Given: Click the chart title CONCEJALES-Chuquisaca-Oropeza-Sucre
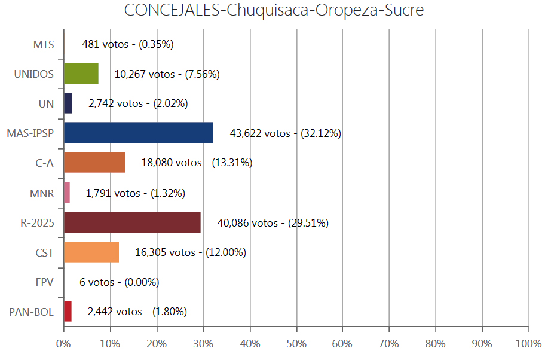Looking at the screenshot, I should pos(274,11).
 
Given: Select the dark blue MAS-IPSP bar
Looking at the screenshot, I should pos(138,133).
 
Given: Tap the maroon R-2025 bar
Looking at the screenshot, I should pos(132,222).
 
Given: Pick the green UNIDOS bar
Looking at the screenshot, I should pos(81,73).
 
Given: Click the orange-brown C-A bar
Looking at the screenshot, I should pos(94,163).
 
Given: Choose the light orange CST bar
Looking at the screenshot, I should pos(91,252).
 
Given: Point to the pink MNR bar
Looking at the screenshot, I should pos(67,193).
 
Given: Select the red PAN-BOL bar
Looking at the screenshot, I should pos(68,312).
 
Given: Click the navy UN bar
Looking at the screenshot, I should pos(68,103).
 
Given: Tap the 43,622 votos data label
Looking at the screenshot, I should pos(285,133).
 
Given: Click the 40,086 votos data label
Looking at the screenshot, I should pos(273,223).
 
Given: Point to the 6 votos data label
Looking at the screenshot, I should pos(111,282).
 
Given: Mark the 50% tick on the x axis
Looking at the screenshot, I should pos(296,344).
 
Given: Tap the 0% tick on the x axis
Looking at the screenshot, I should pos(63,344).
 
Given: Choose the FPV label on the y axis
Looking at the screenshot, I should pos(44,282).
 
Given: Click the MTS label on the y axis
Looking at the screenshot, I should pos(44,44).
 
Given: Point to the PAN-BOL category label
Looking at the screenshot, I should pos(31,312).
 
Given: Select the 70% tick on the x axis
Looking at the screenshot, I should pos(389,344).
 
